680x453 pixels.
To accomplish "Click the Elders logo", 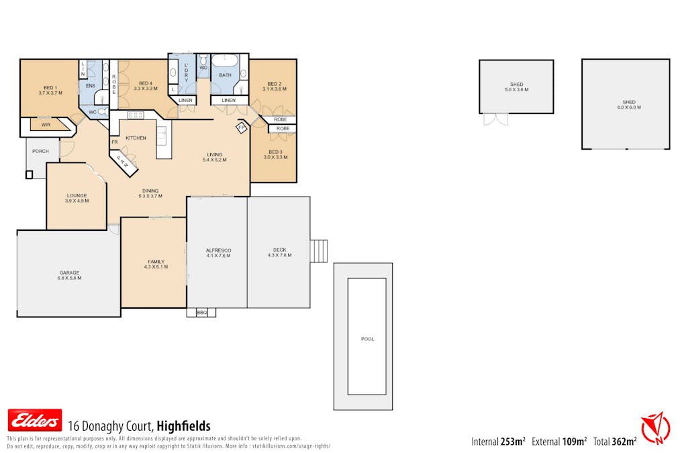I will click(x=34, y=420).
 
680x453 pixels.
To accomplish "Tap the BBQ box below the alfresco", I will click(x=202, y=312).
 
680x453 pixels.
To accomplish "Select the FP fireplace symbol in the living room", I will click(x=241, y=128).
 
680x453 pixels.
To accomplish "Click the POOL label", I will click(x=367, y=339).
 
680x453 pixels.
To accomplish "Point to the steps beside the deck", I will click(x=319, y=251).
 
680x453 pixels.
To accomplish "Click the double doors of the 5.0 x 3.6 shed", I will click(x=496, y=119).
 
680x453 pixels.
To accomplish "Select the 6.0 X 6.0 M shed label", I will click(x=626, y=105).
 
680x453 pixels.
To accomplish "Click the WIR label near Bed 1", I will click(x=46, y=125).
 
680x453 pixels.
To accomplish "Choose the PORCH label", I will click(x=40, y=151).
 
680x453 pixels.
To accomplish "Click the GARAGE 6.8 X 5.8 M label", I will click(x=69, y=276).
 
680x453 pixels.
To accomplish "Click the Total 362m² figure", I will click(x=615, y=442).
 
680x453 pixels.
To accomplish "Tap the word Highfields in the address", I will click(x=183, y=426).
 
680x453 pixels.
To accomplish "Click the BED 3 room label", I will click(x=275, y=154).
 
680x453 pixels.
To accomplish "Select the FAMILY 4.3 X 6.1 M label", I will click(x=156, y=264).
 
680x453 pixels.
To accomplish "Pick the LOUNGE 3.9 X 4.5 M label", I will click(x=77, y=198).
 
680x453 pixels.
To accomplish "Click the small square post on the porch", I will click(x=29, y=174).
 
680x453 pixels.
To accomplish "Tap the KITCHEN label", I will click(x=136, y=138).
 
